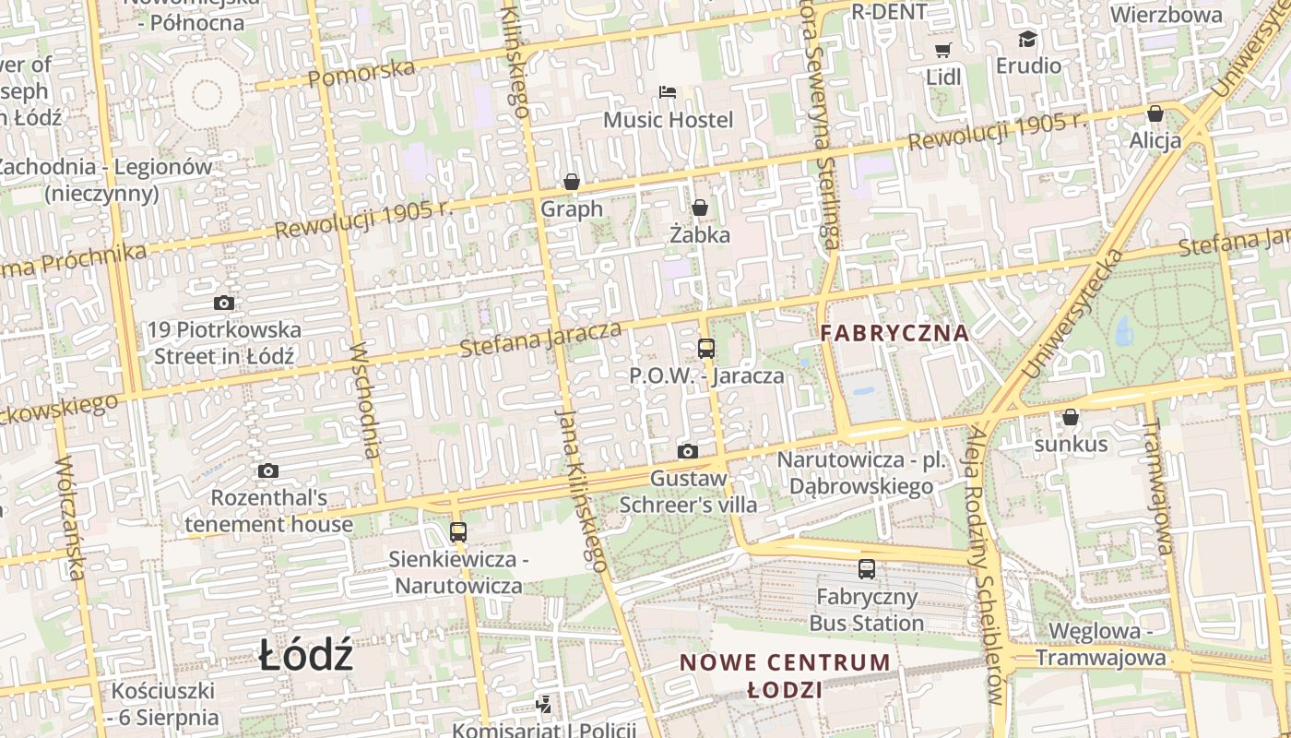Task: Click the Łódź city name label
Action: tap(305, 655)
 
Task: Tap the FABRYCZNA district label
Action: tap(894, 333)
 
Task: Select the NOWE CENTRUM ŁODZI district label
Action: tap(785, 675)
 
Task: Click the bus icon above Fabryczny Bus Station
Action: tap(866, 568)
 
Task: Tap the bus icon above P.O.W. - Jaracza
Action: tap(706, 349)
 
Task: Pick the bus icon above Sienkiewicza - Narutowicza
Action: tap(457, 531)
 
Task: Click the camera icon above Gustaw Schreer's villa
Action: tap(687, 451)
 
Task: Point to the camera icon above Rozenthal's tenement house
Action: tap(268, 471)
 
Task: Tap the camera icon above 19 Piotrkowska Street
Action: tap(223, 303)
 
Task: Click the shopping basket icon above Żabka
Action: tap(700, 208)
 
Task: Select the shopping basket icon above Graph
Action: tap(572, 182)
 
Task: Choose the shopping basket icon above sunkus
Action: tap(1071, 417)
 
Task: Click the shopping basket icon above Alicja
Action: tap(1155, 113)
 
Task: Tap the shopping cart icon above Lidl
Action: tap(942, 50)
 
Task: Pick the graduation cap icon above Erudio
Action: tap(1027, 39)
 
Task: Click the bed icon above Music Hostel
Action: tap(668, 92)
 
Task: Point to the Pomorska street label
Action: tap(362, 72)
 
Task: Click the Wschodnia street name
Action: tap(366, 400)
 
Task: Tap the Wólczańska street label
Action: tap(70, 518)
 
